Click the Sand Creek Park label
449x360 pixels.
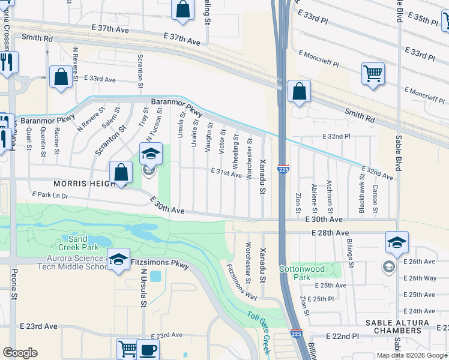coord(78,243)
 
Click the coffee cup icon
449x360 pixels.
coord(148,349)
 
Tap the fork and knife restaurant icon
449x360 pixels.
coord(7,62)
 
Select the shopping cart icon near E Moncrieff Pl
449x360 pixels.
coord(373,74)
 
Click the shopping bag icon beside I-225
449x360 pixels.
coord(298,92)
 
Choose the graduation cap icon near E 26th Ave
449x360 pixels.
coord(397,242)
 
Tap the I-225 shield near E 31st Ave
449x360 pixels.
coord(284,170)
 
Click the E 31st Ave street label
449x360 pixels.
coord(226,172)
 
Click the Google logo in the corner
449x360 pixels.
coord(20,353)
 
